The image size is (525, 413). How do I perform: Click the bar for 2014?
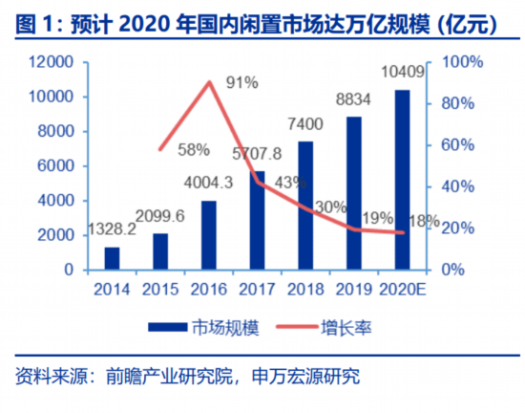[x=113, y=258]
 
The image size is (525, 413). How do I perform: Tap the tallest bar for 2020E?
[x=403, y=179]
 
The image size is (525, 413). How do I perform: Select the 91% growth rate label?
[x=241, y=83]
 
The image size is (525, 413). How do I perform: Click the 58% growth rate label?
[x=194, y=149]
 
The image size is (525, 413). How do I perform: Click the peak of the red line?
[x=209, y=82]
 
